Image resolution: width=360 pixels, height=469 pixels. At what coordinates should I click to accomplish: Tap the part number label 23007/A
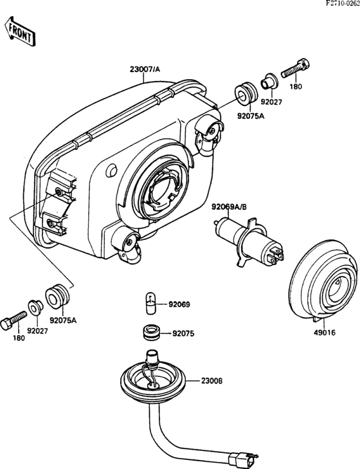[x=145, y=69]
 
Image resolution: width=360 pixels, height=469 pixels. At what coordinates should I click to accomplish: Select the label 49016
[x=325, y=333]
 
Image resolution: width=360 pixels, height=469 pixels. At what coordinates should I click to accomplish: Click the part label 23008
[x=212, y=381]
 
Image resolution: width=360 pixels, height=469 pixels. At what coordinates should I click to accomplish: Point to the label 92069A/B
[x=230, y=207]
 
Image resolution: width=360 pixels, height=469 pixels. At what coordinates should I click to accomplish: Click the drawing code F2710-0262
[x=343, y=3]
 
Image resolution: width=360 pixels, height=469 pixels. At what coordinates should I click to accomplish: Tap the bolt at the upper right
[x=296, y=68]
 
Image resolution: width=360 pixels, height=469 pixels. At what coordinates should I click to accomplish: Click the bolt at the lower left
[x=14, y=320]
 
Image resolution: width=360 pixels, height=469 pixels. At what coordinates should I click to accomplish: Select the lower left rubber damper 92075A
[x=57, y=297]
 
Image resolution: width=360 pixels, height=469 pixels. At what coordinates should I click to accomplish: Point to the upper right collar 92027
[x=269, y=82]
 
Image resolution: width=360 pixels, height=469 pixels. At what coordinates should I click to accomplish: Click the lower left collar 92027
[x=35, y=307]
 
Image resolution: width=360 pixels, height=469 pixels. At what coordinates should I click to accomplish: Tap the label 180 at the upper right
[x=296, y=87]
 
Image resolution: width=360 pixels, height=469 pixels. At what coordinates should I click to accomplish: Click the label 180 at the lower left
[x=19, y=338]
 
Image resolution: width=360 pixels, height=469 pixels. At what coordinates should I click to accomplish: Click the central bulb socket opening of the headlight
[x=161, y=192]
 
